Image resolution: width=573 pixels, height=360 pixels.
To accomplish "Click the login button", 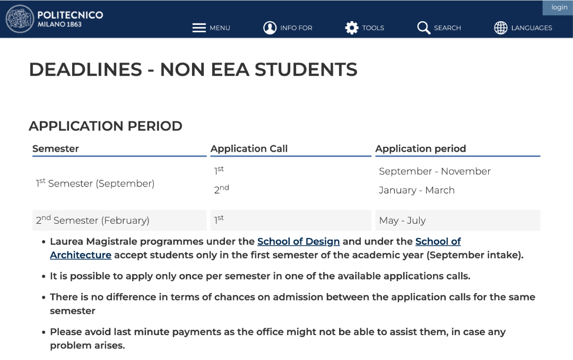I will click(559, 7).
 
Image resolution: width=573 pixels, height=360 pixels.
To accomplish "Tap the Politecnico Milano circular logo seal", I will click(20, 19).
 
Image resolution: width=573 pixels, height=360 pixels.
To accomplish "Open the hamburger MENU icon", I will click(199, 28).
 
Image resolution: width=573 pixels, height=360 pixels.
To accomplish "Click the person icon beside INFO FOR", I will click(270, 28).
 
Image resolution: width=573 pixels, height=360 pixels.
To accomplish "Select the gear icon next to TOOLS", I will click(352, 28).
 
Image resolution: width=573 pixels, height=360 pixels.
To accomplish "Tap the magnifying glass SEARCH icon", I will click(423, 28).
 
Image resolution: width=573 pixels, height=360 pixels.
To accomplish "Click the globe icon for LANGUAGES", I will click(501, 28).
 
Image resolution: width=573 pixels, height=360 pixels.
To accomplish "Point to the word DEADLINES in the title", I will click(85, 69).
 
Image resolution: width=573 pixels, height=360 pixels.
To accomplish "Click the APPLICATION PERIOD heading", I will click(106, 126).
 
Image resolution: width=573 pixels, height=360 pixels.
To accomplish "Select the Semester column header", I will click(56, 149).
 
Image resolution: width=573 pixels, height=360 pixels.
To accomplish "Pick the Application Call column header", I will click(249, 149).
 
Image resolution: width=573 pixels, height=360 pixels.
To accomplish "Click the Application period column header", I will click(421, 149).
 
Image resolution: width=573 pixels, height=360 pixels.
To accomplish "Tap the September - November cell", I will click(435, 171).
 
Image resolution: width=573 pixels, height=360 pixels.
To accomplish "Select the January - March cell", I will click(416, 190).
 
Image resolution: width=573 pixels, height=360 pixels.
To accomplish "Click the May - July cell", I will click(402, 221).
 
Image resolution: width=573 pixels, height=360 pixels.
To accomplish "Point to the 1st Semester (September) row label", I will click(95, 183).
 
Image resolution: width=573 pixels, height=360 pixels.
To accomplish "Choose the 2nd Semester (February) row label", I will click(92, 221).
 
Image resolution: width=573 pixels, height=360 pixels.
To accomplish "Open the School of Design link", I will click(298, 242).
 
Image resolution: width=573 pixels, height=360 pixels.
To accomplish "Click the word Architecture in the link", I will click(81, 255).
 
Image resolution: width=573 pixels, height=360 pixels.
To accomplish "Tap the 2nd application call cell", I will click(221, 190).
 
